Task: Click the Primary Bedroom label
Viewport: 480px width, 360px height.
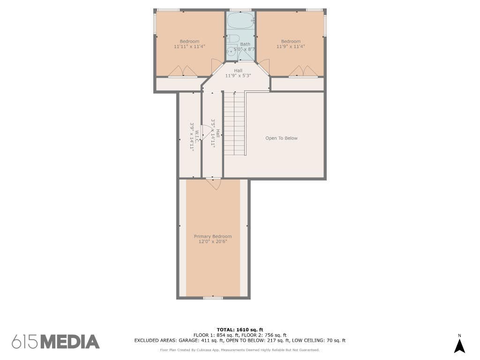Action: click(213, 236)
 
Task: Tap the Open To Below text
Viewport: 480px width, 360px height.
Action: click(281, 138)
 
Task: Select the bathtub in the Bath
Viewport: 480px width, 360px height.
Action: click(240, 20)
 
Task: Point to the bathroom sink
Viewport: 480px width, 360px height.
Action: click(231, 52)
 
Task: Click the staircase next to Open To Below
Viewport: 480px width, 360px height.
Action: click(235, 124)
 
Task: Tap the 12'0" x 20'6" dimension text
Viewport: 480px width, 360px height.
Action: click(213, 241)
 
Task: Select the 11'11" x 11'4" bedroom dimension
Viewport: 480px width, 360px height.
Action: click(189, 46)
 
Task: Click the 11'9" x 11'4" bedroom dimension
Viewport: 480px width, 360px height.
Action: click(291, 46)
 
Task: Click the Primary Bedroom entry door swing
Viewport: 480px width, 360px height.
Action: click(214, 184)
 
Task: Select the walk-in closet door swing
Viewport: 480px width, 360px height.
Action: click(205, 132)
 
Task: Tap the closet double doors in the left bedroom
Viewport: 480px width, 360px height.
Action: click(183, 71)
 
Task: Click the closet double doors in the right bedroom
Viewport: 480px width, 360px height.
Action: click(303, 71)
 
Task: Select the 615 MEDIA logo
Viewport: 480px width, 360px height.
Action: click(56, 342)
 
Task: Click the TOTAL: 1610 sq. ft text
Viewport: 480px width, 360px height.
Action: click(240, 330)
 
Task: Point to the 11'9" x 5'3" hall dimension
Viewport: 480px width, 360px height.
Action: click(238, 75)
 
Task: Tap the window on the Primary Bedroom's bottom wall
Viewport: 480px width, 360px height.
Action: click(213, 298)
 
